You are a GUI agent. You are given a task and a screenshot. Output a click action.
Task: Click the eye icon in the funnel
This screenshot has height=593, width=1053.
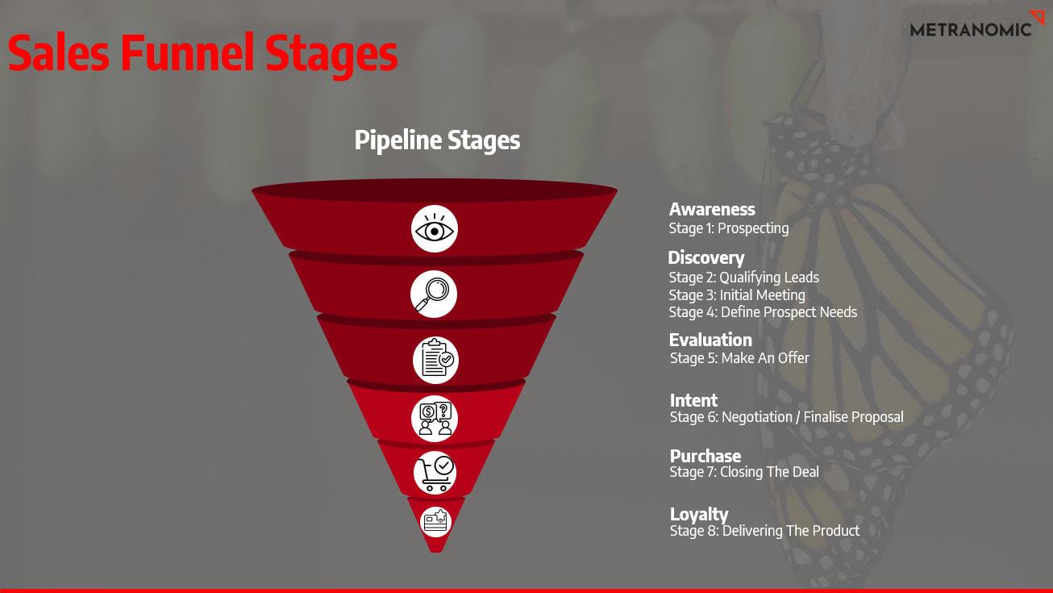tap(435, 229)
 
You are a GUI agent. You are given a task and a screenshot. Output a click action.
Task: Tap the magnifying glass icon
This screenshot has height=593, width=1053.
tap(434, 294)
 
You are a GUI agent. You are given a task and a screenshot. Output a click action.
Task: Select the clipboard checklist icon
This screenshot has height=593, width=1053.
tap(435, 360)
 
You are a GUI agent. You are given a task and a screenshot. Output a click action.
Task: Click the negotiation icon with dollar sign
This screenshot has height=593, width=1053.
tap(435, 419)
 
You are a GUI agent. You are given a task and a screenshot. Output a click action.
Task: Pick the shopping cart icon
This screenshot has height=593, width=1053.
tap(435, 473)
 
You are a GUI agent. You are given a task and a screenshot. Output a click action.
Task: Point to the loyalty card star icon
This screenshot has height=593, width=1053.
tap(435, 522)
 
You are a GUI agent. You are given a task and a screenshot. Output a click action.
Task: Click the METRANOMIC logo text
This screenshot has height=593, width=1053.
tap(970, 30)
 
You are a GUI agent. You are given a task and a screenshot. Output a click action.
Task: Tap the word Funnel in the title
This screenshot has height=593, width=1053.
tap(187, 52)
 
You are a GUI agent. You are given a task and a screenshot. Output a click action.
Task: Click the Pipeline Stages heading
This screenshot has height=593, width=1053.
tap(437, 140)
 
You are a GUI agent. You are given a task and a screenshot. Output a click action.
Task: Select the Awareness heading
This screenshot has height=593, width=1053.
tap(712, 209)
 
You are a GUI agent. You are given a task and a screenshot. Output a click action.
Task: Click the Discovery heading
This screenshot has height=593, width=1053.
tap(706, 257)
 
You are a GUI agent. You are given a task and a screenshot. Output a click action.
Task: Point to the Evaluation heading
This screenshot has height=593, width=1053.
tap(710, 340)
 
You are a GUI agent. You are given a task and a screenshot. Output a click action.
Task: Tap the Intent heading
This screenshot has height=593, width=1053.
tap(693, 400)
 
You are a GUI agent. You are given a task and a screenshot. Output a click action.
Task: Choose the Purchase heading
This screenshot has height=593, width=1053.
tap(705, 456)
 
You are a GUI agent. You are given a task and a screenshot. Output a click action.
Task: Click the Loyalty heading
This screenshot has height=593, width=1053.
tap(699, 515)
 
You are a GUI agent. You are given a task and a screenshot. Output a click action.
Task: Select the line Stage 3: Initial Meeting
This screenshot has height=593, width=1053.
tap(737, 294)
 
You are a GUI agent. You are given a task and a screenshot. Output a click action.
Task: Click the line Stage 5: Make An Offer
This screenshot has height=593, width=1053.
tap(739, 358)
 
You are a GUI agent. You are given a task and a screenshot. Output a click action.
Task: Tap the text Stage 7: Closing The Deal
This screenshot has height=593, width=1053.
tap(744, 472)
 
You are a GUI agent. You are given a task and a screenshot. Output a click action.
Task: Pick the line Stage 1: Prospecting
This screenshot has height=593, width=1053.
tap(729, 228)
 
